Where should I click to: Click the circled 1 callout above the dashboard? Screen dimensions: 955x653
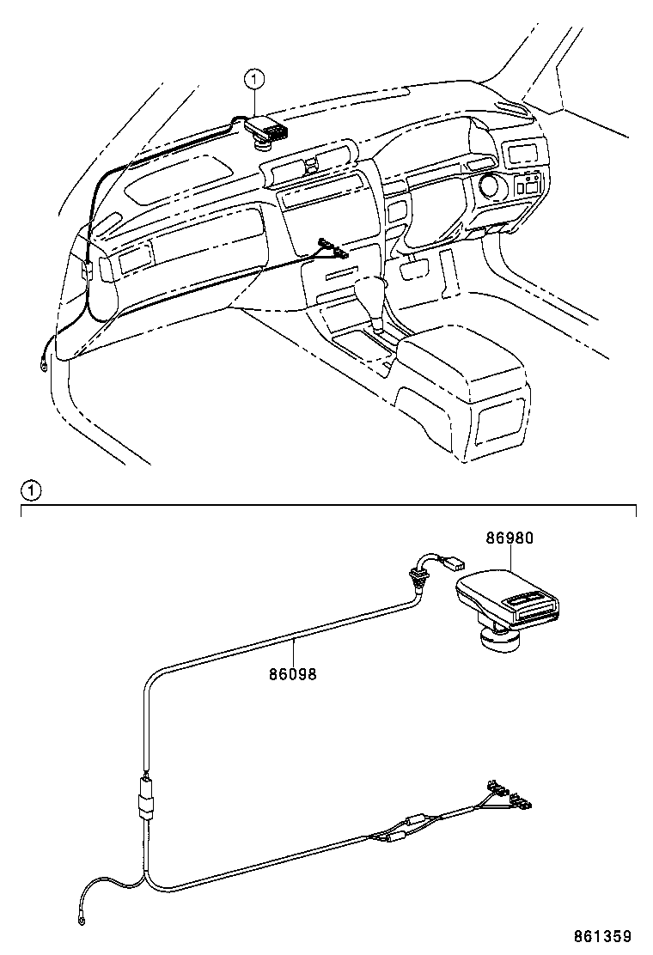point(253,80)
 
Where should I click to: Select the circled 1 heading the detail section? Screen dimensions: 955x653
point(30,491)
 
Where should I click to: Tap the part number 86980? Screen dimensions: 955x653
point(510,539)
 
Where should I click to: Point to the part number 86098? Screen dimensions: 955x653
point(293,674)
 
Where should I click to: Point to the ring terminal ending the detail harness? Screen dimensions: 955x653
point(82,922)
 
